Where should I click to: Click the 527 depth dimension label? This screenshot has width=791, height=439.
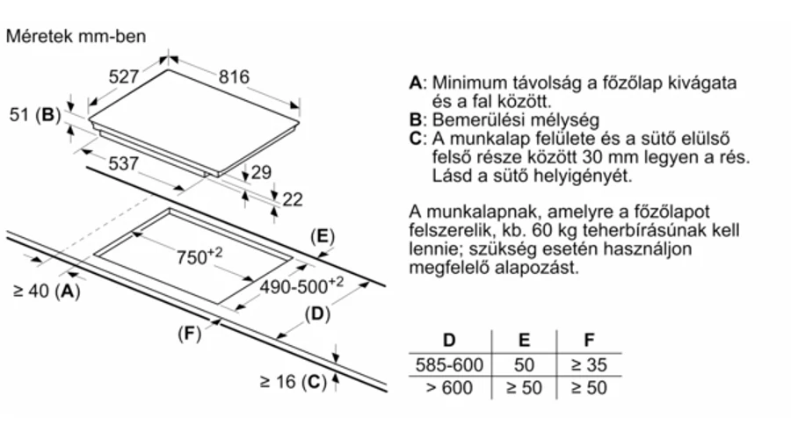click(124, 76)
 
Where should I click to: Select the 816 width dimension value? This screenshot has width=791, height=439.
click(234, 76)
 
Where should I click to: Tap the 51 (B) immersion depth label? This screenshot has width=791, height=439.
click(35, 115)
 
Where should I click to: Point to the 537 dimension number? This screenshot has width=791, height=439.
click(124, 163)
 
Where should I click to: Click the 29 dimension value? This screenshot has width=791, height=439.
click(261, 172)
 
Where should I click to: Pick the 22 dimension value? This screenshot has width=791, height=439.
click(293, 199)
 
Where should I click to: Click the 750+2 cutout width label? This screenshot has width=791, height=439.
click(200, 255)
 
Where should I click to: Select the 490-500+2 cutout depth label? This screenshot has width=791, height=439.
click(301, 285)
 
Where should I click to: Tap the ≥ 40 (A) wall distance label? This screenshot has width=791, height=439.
click(47, 291)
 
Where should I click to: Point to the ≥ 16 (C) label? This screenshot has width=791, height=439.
click(293, 382)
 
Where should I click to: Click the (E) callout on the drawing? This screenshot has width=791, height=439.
click(323, 236)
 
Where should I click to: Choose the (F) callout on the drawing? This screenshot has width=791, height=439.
click(190, 333)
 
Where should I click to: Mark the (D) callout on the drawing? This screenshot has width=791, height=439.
click(317, 314)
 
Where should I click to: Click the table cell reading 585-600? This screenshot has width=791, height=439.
click(449, 365)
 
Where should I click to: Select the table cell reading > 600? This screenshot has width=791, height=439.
click(449, 388)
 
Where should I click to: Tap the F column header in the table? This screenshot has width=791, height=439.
click(589, 341)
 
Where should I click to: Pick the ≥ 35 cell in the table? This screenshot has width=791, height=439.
click(589, 365)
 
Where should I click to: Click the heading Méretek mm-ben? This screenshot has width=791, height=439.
click(76, 36)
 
